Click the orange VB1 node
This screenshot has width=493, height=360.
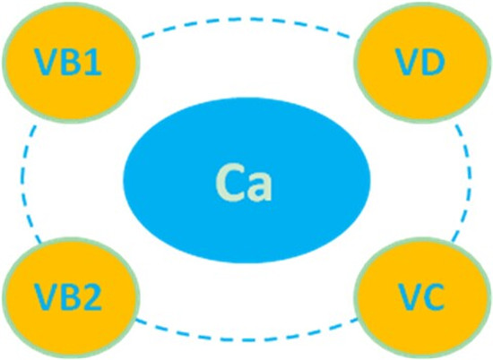tap(71, 62)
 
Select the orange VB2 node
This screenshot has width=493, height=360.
tap(71, 297)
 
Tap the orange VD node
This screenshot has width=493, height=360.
tap(421, 62)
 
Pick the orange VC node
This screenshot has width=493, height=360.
tap(421, 297)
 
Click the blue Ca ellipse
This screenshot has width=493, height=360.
tap(246, 180)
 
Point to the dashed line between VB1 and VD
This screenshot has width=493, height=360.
tap(246, 20)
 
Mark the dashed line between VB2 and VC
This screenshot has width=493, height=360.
tap(246, 339)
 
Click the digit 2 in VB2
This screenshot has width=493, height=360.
tap(92, 297)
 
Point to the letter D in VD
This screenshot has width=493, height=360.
tap(433, 62)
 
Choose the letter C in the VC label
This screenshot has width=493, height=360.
tap(433, 297)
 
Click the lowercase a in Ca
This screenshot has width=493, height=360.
tap(261, 187)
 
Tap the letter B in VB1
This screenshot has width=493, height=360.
tap(71, 62)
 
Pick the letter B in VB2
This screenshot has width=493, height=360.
tap(71, 297)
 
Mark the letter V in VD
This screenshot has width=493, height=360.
tap(408, 62)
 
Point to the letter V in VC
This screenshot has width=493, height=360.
tap(408, 297)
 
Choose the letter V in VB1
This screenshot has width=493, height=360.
tap(47, 62)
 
